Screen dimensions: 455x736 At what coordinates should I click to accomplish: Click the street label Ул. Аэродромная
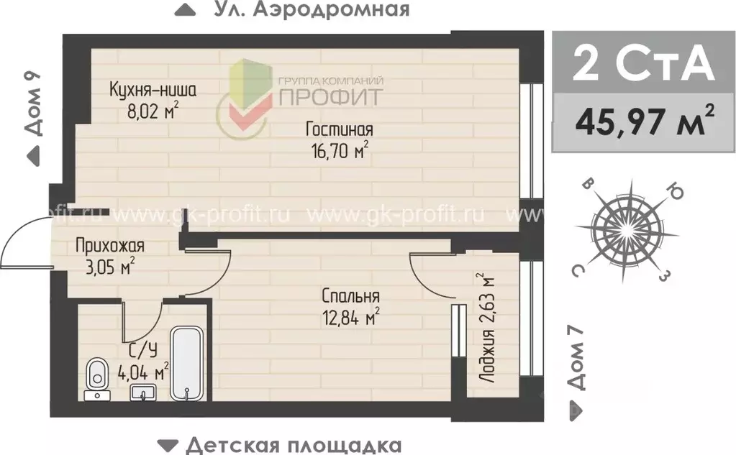pyautogui.click(x=312, y=10)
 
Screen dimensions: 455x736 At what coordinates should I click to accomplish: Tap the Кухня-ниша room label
pyautogui.click(x=153, y=91)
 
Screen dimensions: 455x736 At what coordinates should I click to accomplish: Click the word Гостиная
pyautogui.click(x=338, y=130)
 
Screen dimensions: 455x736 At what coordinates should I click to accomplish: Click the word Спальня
pyautogui.click(x=350, y=296)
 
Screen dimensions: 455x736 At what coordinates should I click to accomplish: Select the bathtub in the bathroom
pyautogui.click(x=188, y=364)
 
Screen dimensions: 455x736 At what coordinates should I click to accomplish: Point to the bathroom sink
pyautogui.click(x=142, y=392)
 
